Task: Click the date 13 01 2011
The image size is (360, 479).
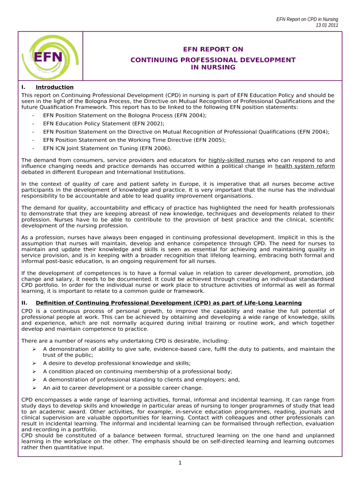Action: (327, 25)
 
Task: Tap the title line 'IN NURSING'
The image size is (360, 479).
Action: (213, 67)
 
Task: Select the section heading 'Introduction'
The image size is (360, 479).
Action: (55, 87)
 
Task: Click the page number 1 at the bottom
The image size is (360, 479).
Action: (180, 463)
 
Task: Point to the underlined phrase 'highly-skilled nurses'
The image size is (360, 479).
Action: (237, 160)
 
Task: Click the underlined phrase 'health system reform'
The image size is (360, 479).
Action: (305, 166)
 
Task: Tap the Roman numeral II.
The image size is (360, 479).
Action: (24, 303)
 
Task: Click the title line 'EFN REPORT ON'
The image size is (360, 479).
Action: (213, 49)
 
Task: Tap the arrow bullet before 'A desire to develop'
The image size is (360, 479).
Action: (34, 363)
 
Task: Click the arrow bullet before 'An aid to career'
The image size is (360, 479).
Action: (34, 388)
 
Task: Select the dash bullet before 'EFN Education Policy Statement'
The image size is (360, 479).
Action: (33, 123)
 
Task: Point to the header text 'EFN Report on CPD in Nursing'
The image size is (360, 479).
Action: (307, 19)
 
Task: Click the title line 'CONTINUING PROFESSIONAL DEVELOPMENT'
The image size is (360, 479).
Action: (213, 60)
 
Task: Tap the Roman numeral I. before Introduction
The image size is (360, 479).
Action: (23, 87)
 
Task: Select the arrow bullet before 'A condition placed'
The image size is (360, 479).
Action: (34, 371)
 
